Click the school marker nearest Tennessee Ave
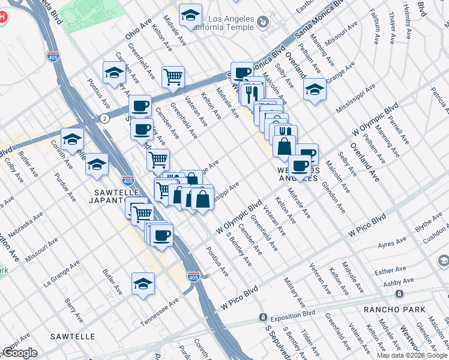point(143,283)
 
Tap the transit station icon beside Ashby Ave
point(399,293)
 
